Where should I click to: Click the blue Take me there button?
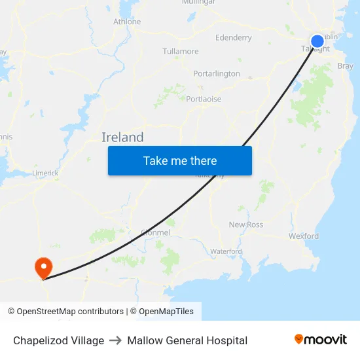[x=180, y=160]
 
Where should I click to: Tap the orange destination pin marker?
[x=43, y=267]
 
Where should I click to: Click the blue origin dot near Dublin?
[x=317, y=41]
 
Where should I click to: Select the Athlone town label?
[x=127, y=22]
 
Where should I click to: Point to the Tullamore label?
[x=181, y=51]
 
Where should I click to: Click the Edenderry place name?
[x=234, y=38]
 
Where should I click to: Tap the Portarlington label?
[x=217, y=74]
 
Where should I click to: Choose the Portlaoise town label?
[x=204, y=99]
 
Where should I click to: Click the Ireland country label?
[x=122, y=137]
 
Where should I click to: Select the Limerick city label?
[x=45, y=173]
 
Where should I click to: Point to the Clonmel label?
[x=156, y=232]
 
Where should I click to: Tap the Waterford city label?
[x=226, y=251]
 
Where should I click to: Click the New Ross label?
[x=246, y=225]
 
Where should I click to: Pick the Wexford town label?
[x=304, y=236]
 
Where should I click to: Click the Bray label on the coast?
[x=345, y=66]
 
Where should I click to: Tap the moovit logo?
[x=321, y=340]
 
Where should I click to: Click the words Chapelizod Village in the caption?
[x=58, y=340]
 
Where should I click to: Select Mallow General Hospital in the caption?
[x=187, y=340]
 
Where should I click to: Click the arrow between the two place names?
[x=116, y=340]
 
